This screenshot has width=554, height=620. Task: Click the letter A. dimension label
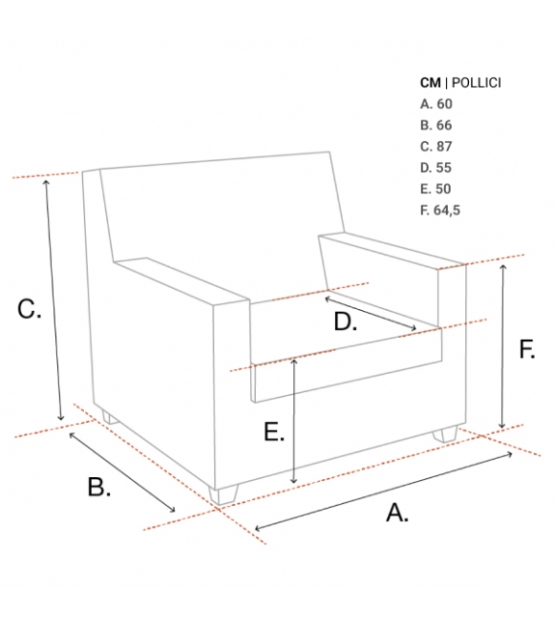pyautogui.click(x=397, y=513)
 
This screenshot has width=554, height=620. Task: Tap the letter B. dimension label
pyautogui.click(x=98, y=487)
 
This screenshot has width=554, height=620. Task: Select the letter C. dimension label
pyautogui.click(x=29, y=309)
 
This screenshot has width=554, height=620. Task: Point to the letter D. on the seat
pyautogui.click(x=346, y=321)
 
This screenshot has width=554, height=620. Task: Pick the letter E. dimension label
pyautogui.click(x=274, y=432)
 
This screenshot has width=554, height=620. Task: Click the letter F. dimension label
pyautogui.click(x=527, y=350)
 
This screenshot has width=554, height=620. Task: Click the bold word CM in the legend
pyautogui.click(x=430, y=83)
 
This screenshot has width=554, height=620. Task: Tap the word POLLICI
pyautogui.click(x=476, y=83)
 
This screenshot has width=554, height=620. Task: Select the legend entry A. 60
pyautogui.click(x=436, y=104)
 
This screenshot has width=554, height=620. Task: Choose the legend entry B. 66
pyautogui.click(x=436, y=126)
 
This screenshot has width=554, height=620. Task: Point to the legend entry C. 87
pyautogui.click(x=436, y=147)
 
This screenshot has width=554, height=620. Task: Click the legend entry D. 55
pyautogui.click(x=435, y=168)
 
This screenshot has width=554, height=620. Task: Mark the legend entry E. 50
pyautogui.click(x=435, y=189)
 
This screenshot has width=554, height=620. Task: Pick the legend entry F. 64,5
pyautogui.click(x=440, y=210)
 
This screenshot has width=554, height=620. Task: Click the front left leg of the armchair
pyautogui.click(x=224, y=494)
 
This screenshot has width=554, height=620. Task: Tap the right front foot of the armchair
pyautogui.click(x=445, y=434)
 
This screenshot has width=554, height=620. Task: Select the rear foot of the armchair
pyautogui.click(x=109, y=417)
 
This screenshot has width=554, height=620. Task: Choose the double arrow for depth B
pyautogui.click(x=123, y=471)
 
